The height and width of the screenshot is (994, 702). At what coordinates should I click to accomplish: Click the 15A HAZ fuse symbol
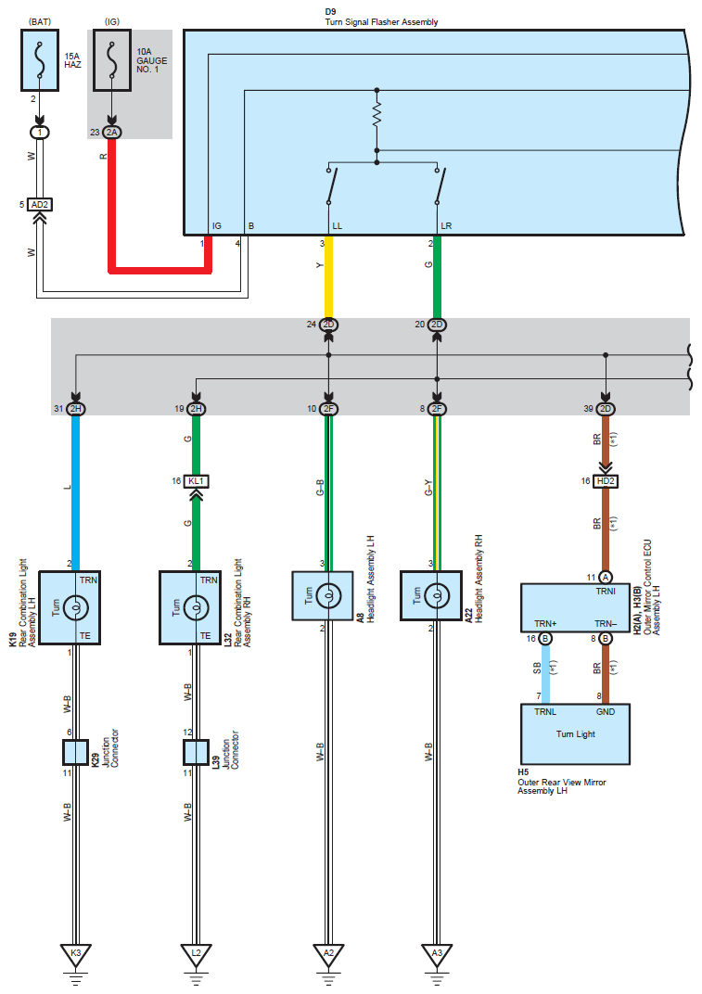point(40,59)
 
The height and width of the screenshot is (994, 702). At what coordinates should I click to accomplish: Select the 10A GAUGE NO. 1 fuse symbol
point(112,59)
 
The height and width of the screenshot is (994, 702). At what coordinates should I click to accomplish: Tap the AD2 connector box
point(39,205)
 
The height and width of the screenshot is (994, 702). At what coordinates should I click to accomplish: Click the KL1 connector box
point(196,481)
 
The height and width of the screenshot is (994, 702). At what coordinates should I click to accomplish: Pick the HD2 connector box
point(606,481)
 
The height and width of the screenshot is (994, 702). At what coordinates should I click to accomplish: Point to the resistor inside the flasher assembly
point(377,115)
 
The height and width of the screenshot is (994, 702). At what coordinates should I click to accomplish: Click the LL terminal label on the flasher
point(337,226)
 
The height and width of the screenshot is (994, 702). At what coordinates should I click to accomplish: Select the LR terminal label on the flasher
point(446,226)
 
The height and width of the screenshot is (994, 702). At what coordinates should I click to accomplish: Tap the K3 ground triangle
point(75,954)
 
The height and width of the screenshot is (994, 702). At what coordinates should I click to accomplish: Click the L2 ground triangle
point(196,954)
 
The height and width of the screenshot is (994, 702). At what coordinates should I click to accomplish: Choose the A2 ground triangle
point(328,954)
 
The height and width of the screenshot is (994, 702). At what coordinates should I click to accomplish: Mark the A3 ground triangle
point(437,954)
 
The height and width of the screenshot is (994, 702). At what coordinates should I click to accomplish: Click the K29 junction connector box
point(75,753)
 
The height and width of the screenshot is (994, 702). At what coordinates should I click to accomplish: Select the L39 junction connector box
point(196,753)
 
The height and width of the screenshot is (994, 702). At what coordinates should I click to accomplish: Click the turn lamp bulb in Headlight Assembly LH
point(328,596)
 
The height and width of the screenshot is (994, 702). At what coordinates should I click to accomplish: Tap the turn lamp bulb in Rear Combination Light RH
point(196,608)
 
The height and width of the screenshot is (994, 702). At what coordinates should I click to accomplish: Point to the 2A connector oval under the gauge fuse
point(111,133)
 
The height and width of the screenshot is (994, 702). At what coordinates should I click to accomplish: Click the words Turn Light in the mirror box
point(576,734)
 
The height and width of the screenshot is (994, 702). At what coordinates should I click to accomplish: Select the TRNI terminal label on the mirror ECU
point(606,592)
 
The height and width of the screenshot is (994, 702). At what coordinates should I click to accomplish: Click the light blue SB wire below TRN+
point(545,674)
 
